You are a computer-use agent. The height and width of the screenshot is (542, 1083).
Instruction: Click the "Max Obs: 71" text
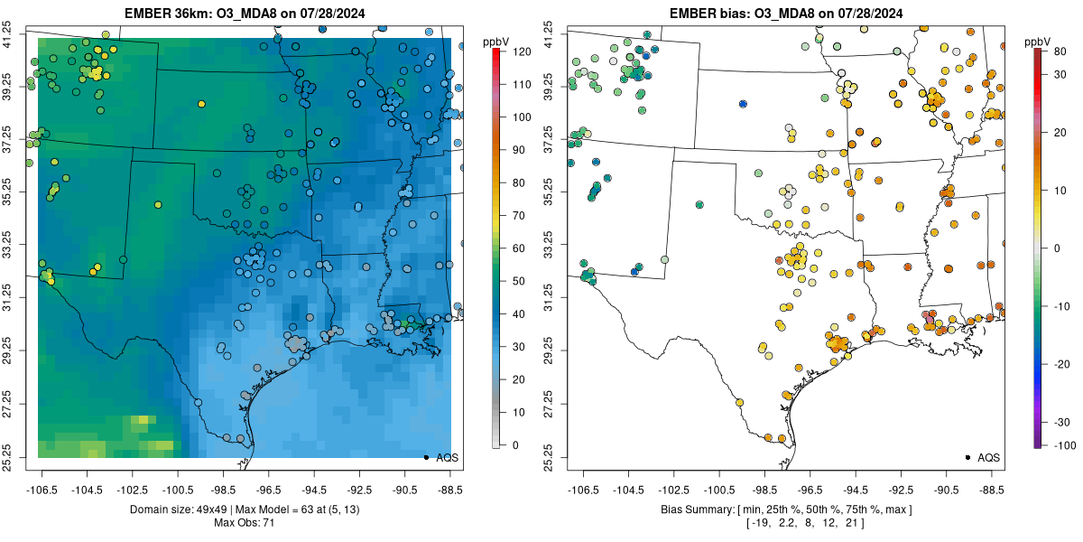(244, 523)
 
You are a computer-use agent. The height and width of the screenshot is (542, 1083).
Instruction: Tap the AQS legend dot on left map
(425, 457)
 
